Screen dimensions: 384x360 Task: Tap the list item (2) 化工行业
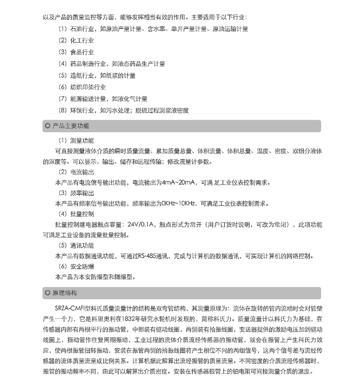(x=76, y=40)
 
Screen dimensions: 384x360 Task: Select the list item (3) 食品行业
(x=76, y=52)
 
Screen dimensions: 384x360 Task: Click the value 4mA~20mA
(x=179, y=183)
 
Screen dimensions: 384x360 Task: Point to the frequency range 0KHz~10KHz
(x=179, y=203)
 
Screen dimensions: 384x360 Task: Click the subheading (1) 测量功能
(x=76, y=141)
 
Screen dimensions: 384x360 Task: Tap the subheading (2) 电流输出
(x=76, y=172)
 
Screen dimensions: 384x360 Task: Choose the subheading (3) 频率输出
(x=76, y=193)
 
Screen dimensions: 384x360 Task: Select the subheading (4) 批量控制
(x=76, y=214)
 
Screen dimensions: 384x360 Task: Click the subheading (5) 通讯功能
(x=76, y=245)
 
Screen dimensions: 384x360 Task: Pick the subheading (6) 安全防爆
(x=76, y=266)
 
